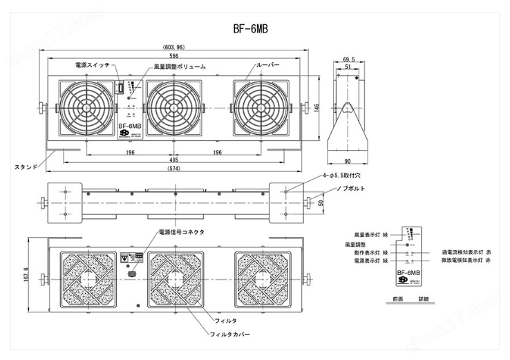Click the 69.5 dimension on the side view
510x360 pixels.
pos(349,60)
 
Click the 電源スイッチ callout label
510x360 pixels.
pos(93,65)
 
